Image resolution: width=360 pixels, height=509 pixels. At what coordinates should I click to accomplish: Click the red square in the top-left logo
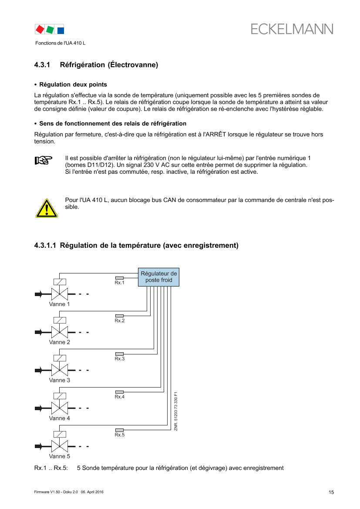[40, 29]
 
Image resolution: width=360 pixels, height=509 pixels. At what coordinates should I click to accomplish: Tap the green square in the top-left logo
[50, 30]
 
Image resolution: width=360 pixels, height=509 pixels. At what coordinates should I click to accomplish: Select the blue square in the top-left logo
[61, 30]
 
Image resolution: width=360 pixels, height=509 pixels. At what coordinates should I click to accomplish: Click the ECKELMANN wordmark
[292, 29]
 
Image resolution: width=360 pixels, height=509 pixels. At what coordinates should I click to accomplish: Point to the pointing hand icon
[43, 160]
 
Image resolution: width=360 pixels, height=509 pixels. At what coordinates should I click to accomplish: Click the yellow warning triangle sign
[46, 208]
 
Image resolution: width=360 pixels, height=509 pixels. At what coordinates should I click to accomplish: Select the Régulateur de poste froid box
[158, 276]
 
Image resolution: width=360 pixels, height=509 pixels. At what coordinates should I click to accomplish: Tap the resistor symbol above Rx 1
[119, 278]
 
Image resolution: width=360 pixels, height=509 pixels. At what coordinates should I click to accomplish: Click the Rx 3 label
[120, 359]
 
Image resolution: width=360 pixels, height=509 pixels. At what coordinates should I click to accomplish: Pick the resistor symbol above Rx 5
[119, 430]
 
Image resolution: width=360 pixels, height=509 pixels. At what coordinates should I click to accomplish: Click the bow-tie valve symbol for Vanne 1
[60, 294]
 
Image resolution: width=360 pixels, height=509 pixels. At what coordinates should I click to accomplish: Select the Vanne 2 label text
[60, 342]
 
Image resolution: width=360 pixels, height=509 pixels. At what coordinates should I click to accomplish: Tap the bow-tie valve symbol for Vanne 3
[60, 370]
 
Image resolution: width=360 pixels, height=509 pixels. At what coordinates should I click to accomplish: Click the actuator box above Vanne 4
[60, 396]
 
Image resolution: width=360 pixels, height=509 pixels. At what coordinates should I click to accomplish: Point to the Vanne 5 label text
[60, 457]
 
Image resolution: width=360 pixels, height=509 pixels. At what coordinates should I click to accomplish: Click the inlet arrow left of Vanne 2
[39, 332]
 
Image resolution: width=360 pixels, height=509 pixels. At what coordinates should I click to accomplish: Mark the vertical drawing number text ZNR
[176, 412]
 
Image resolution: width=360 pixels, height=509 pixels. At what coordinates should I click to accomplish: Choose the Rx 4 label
[120, 397]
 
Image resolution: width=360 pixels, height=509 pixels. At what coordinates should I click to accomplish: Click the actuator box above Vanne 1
[60, 282]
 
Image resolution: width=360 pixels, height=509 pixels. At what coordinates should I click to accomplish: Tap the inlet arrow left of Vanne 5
[39, 446]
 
